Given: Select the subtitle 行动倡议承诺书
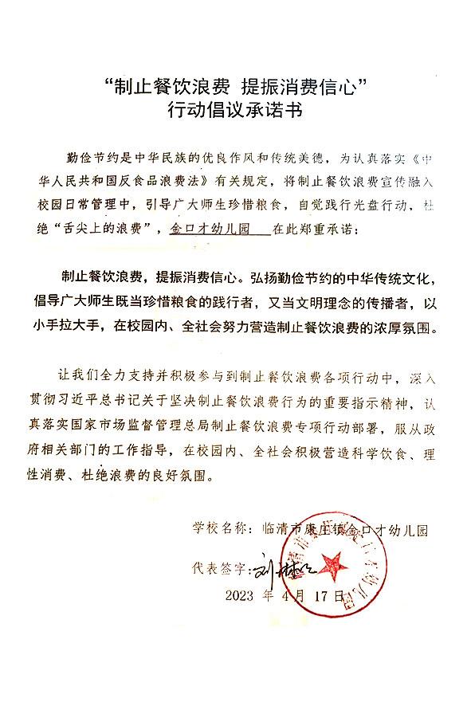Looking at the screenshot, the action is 235,111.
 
